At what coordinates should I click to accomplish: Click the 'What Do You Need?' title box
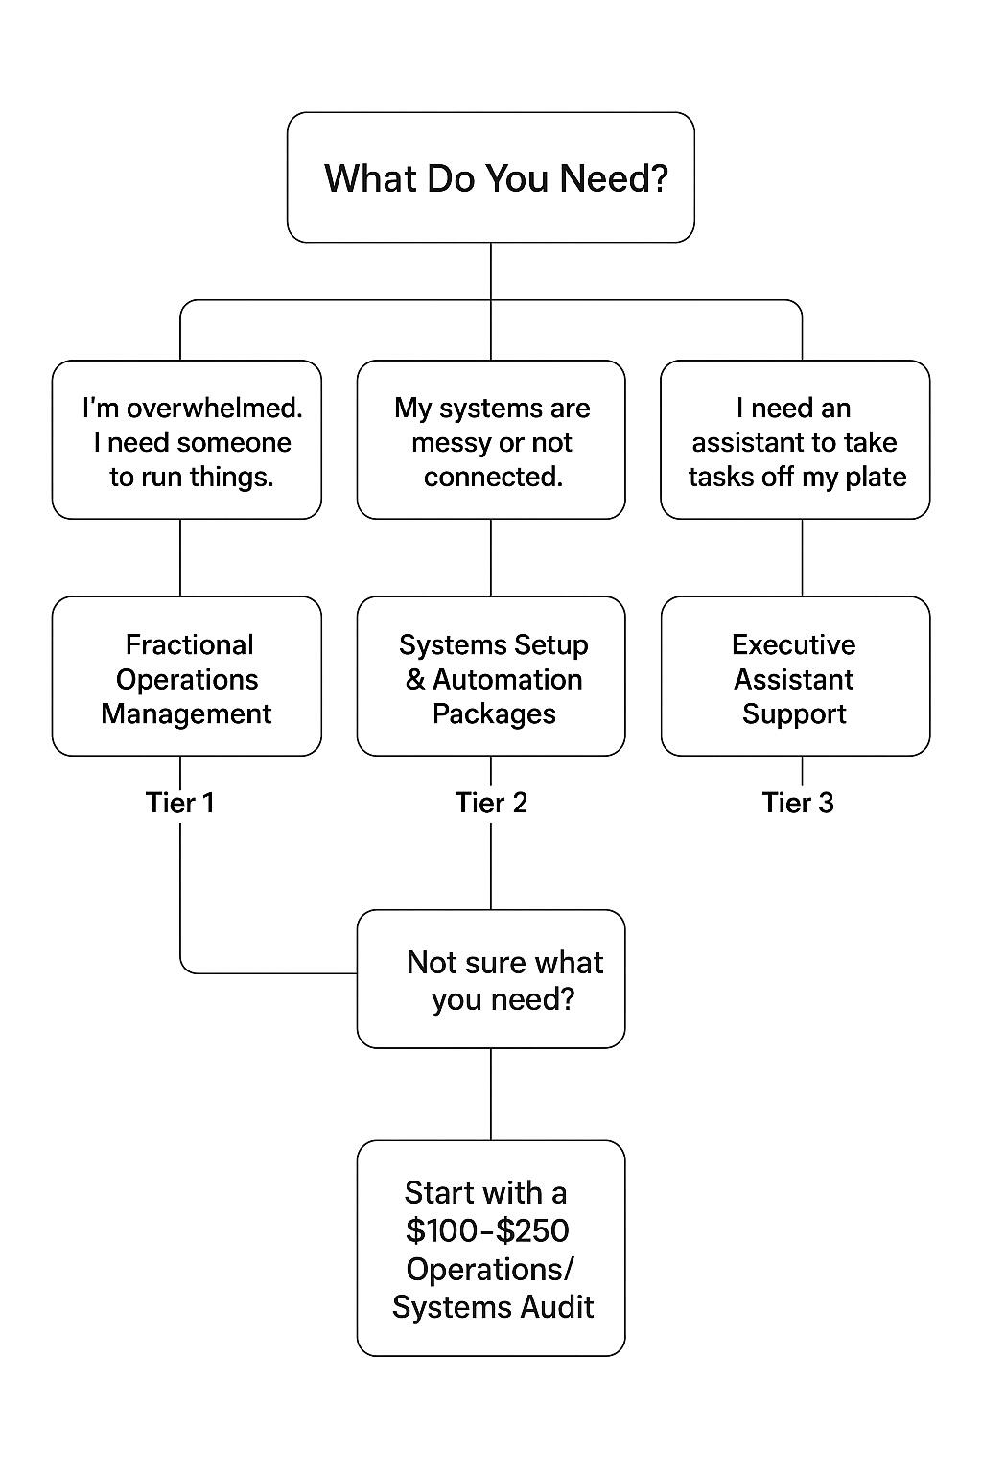[490, 177]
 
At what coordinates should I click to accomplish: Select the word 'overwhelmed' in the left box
[214, 409]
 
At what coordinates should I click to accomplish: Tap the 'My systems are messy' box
[490, 440]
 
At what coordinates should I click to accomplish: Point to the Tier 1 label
[180, 803]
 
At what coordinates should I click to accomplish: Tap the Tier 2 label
[491, 803]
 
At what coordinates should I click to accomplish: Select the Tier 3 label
[798, 803]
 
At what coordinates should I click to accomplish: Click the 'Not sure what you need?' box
[490, 979]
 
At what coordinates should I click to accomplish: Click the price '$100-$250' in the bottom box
[487, 1230]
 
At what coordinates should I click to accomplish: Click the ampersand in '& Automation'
[415, 680]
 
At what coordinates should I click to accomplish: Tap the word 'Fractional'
[190, 644]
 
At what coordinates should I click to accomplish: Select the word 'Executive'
[793, 644]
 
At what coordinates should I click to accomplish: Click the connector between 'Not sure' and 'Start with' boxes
[491, 1094]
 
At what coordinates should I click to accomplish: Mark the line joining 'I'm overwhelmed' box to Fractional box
[180, 557]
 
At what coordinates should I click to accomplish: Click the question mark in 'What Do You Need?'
[657, 178]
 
